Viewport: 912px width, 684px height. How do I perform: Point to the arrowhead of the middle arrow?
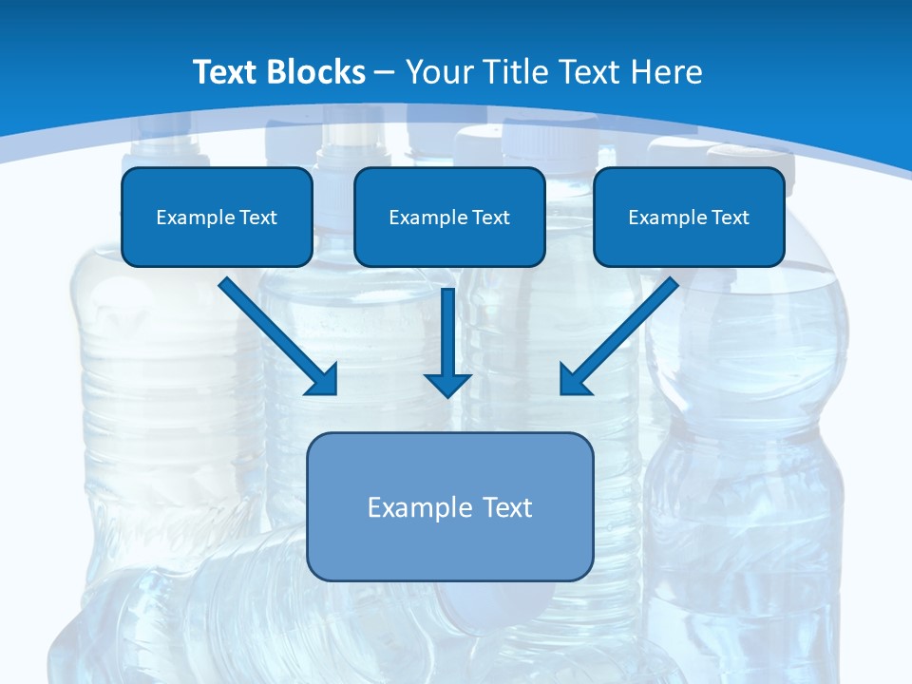pyautogui.click(x=447, y=384)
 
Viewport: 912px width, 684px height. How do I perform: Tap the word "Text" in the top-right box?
pyautogui.click(x=730, y=218)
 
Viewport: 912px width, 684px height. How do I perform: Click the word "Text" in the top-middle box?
pyautogui.click(x=490, y=218)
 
